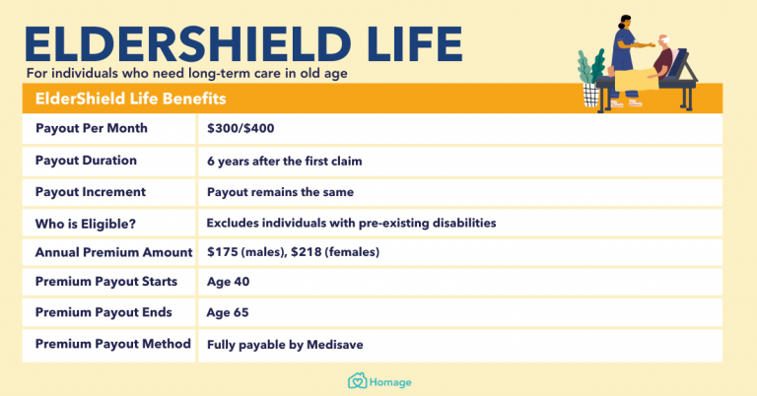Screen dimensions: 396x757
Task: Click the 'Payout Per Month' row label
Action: (x=94, y=129)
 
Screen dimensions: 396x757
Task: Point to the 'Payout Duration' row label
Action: (x=86, y=161)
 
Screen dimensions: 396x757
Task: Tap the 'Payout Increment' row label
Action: (x=91, y=191)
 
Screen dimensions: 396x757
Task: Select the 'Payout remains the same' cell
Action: (x=280, y=192)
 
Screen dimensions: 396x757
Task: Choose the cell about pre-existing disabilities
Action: (x=351, y=223)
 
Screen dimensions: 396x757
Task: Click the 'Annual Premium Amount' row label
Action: (x=113, y=252)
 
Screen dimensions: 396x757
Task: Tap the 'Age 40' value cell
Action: (x=228, y=282)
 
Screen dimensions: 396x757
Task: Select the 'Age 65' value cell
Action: (x=228, y=312)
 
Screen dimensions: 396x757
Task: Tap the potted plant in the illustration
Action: (x=592, y=79)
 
